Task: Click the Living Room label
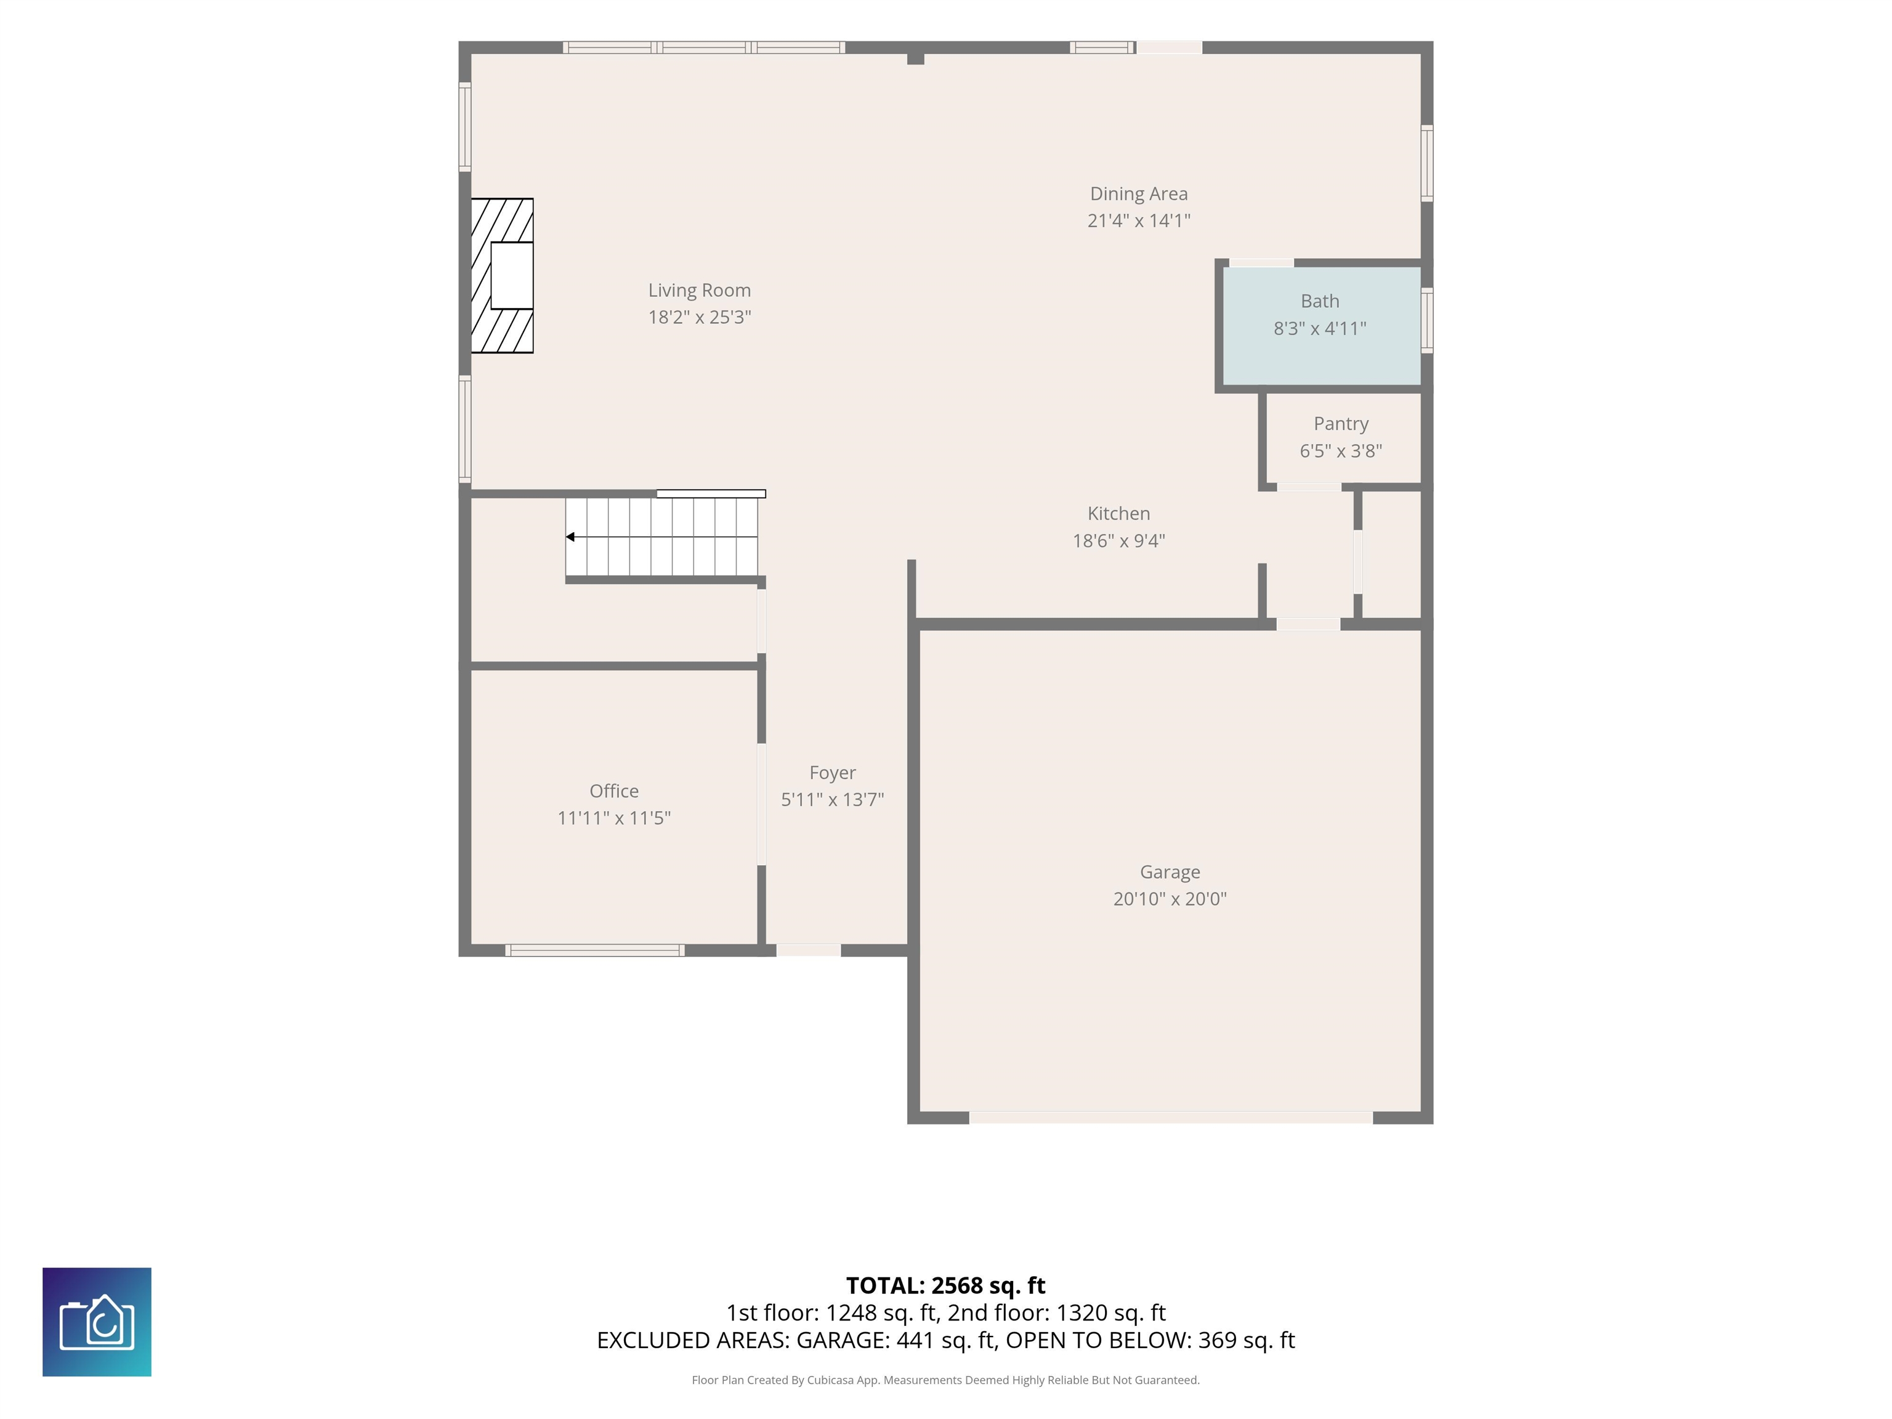point(699,290)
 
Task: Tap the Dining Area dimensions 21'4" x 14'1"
point(1138,220)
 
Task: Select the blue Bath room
point(1322,326)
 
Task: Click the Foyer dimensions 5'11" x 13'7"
point(832,800)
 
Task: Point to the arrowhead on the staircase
point(570,537)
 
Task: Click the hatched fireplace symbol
point(502,275)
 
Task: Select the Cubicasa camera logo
point(97,1322)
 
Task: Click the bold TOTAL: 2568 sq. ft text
point(945,1285)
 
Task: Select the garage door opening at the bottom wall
point(1171,1118)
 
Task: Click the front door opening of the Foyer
point(808,950)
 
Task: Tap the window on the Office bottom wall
point(594,950)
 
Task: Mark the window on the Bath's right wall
point(1426,321)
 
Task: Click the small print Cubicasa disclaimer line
point(945,1380)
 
